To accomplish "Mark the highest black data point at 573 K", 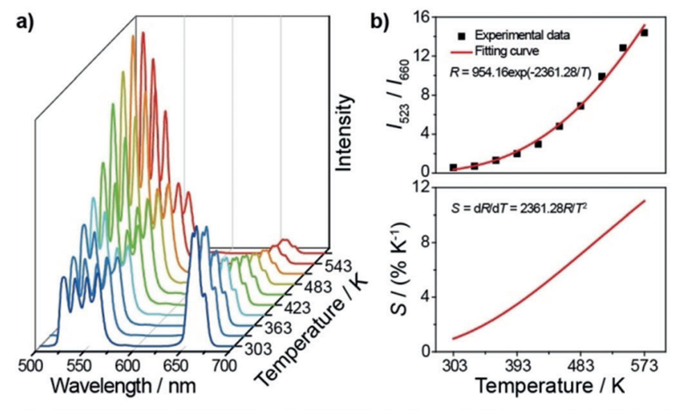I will coord(644,33).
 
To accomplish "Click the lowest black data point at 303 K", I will coord(453,167).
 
